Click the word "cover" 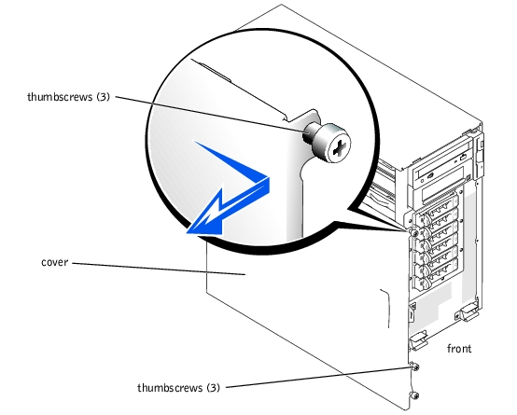click(55, 262)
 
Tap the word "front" click(459, 349)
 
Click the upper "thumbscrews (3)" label click(68, 97)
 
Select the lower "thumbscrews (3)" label click(178, 388)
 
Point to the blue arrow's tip click(188, 233)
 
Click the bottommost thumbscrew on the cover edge click(414, 394)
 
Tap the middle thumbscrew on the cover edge click(414, 367)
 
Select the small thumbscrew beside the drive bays click(413, 232)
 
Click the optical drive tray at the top click(441, 166)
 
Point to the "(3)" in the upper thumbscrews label click(104, 97)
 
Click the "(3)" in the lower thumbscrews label click(213, 388)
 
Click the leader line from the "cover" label click(159, 269)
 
